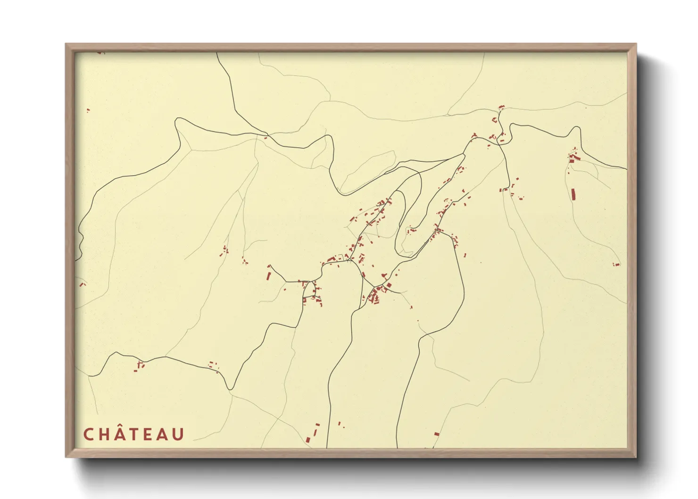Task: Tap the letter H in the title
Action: pyautogui.click(x=104, y=434)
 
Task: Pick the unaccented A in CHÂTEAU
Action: pyautogui.click(x=163, y=434)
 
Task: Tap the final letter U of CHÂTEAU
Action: pyautogui.click(x=178, y=434)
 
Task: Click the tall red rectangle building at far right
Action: pyautogui.click(x=573, y=194)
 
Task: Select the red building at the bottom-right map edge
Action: pyautogui.click(x=437, y=433)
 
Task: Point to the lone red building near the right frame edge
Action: pyautogui.click(x=616, y=265)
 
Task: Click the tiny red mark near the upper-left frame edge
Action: pyautogui.click(x=88, y=110)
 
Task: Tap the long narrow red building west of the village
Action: pyautogui.click(x=269, y=274)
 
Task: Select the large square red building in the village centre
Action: pyautogui.click(x=389, y=284)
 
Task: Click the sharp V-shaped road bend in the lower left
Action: pyautogui.click(x=230, y=389)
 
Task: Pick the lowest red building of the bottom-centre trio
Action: pyautogui.click(x=308, y=440)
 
